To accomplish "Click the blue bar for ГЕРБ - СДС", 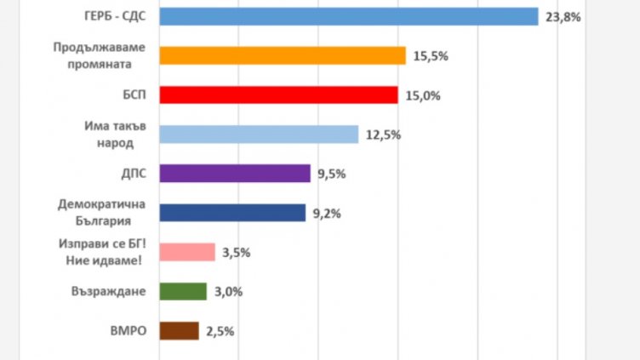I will [x=349, y=16].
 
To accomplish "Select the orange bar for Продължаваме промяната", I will [x=283, y=55].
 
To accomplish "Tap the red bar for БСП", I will [x=279, y=94].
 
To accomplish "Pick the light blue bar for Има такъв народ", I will [x=259, y=134].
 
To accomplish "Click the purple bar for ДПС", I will [x=235, y=174].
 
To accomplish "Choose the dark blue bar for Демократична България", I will [x=232, y=213].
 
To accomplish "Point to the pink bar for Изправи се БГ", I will [x=187, y=252].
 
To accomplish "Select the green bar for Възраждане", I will [x=183, y=291].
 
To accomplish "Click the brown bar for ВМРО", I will [x=179, y=330].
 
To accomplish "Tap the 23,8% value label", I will [x=563, y=16].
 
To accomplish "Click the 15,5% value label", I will [x=431, y=56].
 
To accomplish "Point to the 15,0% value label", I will [x=423, y=95].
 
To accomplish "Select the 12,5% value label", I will [x=383, y=134].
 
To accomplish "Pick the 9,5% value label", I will [x=332, y=174].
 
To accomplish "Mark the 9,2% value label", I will [x=327, y=214].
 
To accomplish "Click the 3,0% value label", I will [x=228, y=292].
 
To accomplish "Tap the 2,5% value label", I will [x=220, y=331].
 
